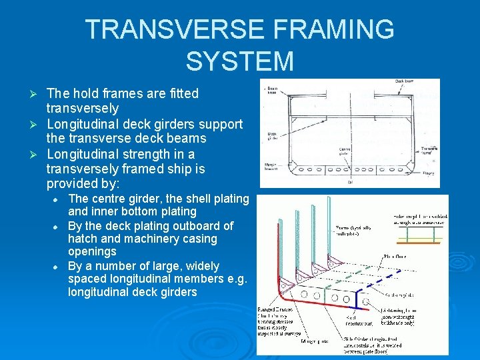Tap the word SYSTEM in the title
click(x=240, y=61)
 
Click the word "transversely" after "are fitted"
click(x=83, y=108)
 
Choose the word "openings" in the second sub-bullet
click(x=92, y=252)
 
